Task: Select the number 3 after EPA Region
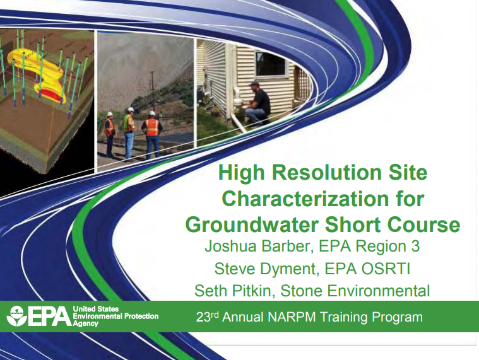coord(414,246)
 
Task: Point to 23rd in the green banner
coord(206,316)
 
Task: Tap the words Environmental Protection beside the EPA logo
coord(115,316)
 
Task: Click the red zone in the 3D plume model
coord(48,95)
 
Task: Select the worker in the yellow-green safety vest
coord(129,126)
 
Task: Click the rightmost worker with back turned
coord(151,132)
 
